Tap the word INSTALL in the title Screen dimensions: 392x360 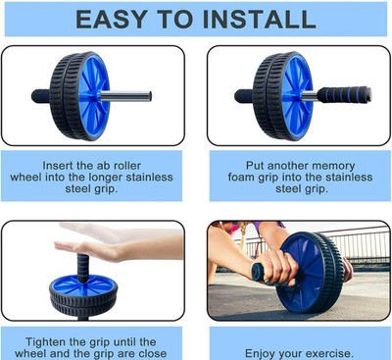pos(259,19)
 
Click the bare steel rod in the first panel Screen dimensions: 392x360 pos(125,96)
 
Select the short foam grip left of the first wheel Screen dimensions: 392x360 pos(41,96)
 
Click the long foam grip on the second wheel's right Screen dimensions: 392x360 pos(344,95)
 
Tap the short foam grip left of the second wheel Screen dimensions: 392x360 pos(244,96)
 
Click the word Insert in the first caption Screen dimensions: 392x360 pos(58,166)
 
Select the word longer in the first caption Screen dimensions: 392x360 pos(106,178)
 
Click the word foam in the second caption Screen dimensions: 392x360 pos(241,178)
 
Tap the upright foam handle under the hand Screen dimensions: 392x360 pos(83,269)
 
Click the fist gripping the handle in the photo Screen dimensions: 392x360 pos(277,268)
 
